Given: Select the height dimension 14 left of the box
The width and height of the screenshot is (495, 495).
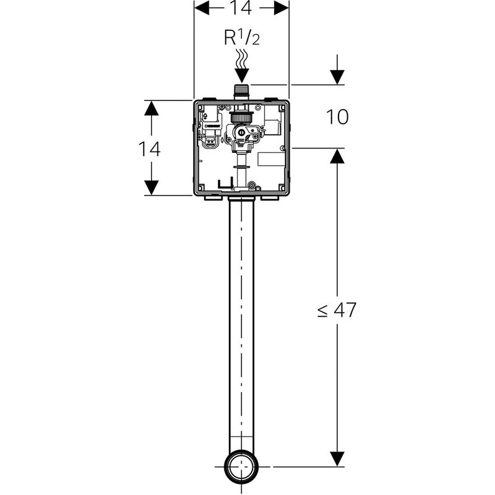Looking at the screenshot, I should point(149,148).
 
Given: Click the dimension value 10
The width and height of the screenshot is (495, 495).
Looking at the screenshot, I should point(337,117).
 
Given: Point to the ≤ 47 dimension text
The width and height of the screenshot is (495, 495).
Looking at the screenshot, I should point(337,309).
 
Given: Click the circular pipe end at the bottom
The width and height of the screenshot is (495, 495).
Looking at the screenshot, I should point(242,467).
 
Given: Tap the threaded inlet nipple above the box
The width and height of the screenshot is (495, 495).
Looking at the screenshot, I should point(242,91).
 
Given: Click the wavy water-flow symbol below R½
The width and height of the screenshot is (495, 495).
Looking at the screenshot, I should point(242,61).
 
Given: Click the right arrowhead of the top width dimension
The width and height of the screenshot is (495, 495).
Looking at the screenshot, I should point(281,7).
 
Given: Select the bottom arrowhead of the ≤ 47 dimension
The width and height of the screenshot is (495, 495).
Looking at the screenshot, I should point(337,459).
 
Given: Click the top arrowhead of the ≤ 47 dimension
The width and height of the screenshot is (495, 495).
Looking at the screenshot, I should point(337,156).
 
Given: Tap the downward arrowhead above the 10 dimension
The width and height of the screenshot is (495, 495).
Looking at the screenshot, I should point(337,77).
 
